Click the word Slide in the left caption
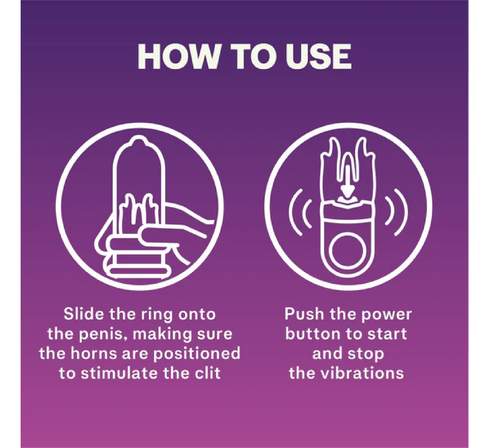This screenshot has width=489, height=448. [84, 314]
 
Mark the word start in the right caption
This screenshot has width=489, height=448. [387, 334]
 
